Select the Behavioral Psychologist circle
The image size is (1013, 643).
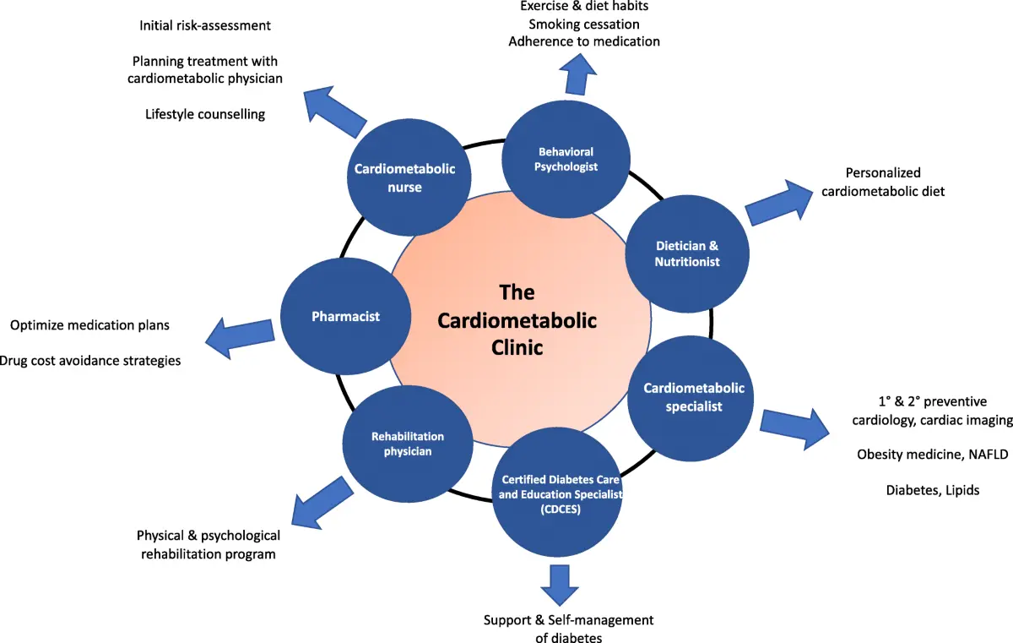click(x=566, y=160)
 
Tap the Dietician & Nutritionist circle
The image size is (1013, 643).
click(x=687, y=253)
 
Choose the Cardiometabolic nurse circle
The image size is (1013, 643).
click(x=404, y=177)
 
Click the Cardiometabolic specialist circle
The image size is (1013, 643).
click(x=694, y=396)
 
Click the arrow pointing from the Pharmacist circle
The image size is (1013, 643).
click(x=241, y=335)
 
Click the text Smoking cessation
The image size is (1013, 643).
click(x=584, y=24)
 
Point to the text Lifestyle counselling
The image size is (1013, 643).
click(x=205, y=114)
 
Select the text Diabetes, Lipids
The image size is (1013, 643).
click(x=933, y=490)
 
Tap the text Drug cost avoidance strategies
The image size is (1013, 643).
click(x=89, y=361)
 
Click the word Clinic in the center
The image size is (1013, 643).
click(x=517, y=347)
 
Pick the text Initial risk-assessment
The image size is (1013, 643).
click(x=205, y=25)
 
